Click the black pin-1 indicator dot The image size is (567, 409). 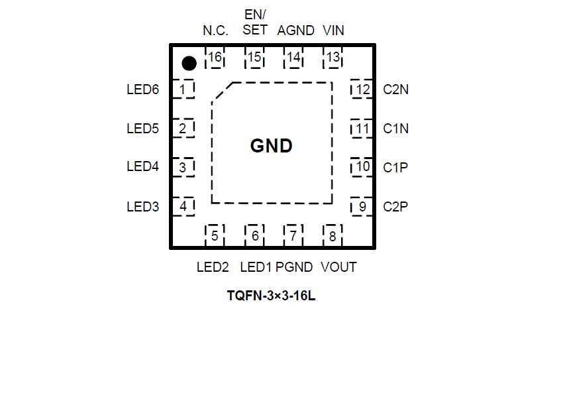189,64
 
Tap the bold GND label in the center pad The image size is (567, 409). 272,146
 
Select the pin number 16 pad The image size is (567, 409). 215,58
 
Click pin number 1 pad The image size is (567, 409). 183,89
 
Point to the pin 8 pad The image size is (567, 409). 333,235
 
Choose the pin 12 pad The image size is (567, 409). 362,89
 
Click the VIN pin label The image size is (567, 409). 333,30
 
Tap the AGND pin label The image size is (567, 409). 295,30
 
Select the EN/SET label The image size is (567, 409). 255,23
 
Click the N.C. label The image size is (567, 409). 215,30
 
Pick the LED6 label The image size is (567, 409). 143,89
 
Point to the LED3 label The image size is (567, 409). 143,207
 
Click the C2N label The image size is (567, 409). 396,89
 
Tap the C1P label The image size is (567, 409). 395,168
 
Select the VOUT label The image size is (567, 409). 338,267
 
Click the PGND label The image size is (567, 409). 294,267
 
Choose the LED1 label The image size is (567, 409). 256,267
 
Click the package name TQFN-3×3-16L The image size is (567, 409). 271,296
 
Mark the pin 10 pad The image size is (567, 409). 362,167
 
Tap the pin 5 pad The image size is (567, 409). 215,235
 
